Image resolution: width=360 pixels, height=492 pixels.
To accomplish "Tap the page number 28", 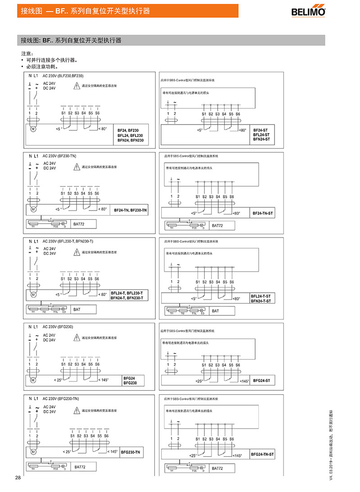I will pyautogui.click(x=18, y=477).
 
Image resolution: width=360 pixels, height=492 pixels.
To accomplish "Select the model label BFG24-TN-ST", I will pyautogui.click(x=262, y=455).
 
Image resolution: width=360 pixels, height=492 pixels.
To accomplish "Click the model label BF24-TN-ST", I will pyautogui.click(x=263, y=213).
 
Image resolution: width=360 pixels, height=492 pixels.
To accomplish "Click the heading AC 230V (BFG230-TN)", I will pyautogui.click(x=61, y=398).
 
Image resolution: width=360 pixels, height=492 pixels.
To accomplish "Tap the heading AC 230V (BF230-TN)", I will pyautogui.click(x=59, y=156).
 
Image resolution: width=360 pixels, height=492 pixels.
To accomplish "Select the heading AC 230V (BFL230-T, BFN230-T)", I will pyautogui.click(x=68, y=241).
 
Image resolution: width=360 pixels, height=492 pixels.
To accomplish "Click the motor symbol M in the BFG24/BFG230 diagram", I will pyautogui.click(x=32, y=380).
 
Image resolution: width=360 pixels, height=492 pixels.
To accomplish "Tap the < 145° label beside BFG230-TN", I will pyautogui.click(x=112, y=452).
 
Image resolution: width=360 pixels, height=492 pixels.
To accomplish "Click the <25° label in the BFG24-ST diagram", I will pyautogui.click(x=198, y=381).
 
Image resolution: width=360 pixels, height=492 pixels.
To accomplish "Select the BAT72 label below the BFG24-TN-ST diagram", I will pyautogui.click(x=217, y=468).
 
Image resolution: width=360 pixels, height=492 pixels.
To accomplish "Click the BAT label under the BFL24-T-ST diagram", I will pyautogui.click(x=216, y=311).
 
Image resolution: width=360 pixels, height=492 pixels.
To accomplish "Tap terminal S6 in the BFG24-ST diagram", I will pyautogui.click(x=238, y=365).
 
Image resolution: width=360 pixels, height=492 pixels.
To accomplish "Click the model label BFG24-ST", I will pyautogui.click(x=261, y=380).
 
